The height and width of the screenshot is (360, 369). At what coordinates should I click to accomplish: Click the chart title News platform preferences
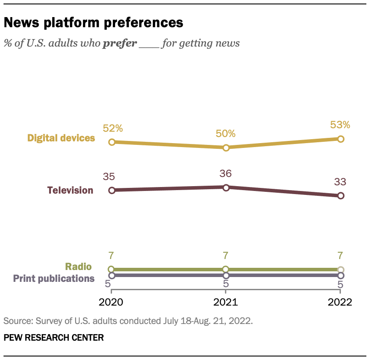point(93,22)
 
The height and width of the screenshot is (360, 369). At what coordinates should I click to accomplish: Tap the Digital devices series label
point(61,138)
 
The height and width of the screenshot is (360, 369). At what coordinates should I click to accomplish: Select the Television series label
point(70,190)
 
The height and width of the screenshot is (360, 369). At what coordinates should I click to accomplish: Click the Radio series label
point(79,266)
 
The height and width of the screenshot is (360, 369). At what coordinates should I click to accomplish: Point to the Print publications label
point(54,278)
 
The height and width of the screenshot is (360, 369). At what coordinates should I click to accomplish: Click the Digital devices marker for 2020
point(112,142)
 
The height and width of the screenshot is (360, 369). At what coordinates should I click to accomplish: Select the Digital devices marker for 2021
point(226,148)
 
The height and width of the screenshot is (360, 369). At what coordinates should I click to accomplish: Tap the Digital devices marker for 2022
point(340,139)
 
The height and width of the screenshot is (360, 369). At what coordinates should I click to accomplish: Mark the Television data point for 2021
point(226,187)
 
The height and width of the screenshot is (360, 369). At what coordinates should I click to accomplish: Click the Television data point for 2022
point(340,196)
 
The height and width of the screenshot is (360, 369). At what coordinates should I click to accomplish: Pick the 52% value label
point(112,129)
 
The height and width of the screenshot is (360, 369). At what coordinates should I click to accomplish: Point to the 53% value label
point(340,125)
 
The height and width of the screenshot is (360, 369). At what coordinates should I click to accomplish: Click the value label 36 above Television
point(226,174)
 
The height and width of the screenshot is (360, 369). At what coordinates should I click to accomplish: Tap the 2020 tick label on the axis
point(112,302)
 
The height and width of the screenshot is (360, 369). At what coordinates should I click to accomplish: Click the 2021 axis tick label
point(226,302)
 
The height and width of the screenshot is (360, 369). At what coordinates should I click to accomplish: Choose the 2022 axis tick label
point(340,302)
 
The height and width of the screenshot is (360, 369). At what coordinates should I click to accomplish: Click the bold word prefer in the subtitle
point(119,44)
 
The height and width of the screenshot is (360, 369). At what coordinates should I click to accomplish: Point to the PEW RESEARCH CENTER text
point(54,338)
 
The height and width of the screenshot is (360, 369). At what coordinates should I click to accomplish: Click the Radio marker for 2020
point(112,269)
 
